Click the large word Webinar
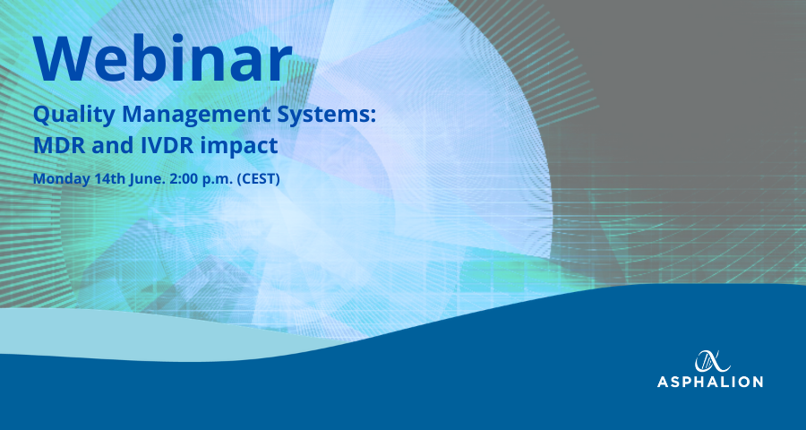point(163,58)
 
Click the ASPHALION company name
point(710,382)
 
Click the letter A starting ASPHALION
point(663,382)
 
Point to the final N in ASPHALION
point(757,382)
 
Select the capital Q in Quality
point(41,116)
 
